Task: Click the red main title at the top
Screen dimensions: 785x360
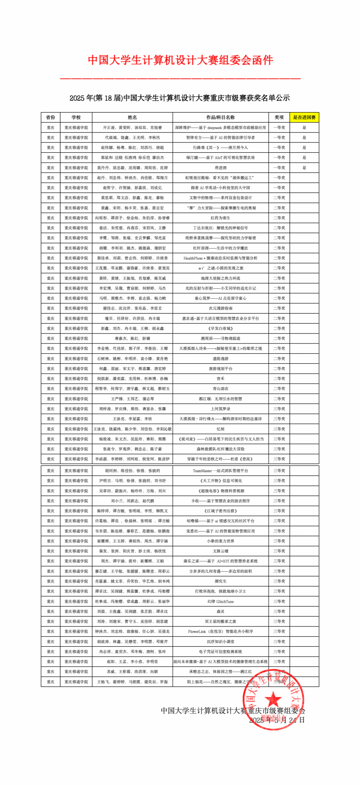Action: [180, 60]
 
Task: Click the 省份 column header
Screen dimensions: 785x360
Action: [51, 117]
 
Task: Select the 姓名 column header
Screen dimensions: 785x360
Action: [132, 117]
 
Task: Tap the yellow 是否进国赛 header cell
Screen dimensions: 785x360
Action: [304, 117]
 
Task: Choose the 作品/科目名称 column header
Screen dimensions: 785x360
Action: [221, 117]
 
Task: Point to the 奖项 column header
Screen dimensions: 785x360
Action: [279, 117]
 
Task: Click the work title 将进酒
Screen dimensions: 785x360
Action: [221, 168]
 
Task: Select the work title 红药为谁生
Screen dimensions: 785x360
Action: [221, 218]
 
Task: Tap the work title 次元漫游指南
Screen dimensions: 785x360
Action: [221, 308]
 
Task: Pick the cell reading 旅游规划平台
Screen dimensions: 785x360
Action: [221, 368]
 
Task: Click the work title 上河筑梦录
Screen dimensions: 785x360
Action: [221, 409]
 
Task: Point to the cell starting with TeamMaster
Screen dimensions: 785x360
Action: [221, 471]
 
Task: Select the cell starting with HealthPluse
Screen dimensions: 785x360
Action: [221, 258]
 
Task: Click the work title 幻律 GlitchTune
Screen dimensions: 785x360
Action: [221, 601]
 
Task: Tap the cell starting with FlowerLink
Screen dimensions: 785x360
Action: [221, 631]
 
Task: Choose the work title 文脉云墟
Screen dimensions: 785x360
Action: [221, 551]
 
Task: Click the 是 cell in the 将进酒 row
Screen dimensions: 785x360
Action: [304, 168]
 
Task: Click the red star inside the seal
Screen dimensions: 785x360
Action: [273, 699]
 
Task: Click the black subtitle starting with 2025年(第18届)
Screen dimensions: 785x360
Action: [180, 98]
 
